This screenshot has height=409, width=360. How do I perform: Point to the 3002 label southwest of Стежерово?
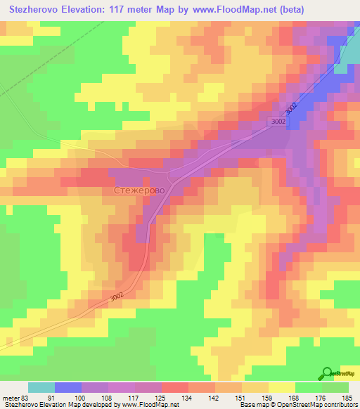pos(120,298)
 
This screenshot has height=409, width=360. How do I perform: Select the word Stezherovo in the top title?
pos(32,10)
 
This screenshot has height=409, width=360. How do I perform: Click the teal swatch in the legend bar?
pos(41,388)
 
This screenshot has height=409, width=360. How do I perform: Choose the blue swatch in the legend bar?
pos(68,388)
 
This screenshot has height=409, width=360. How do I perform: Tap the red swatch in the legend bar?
pos(175,388)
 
